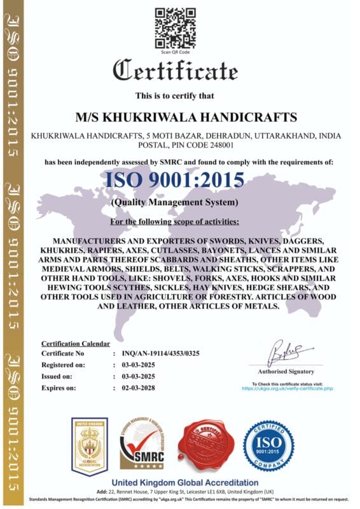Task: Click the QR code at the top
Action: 176,27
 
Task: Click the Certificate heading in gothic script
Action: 179,69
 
